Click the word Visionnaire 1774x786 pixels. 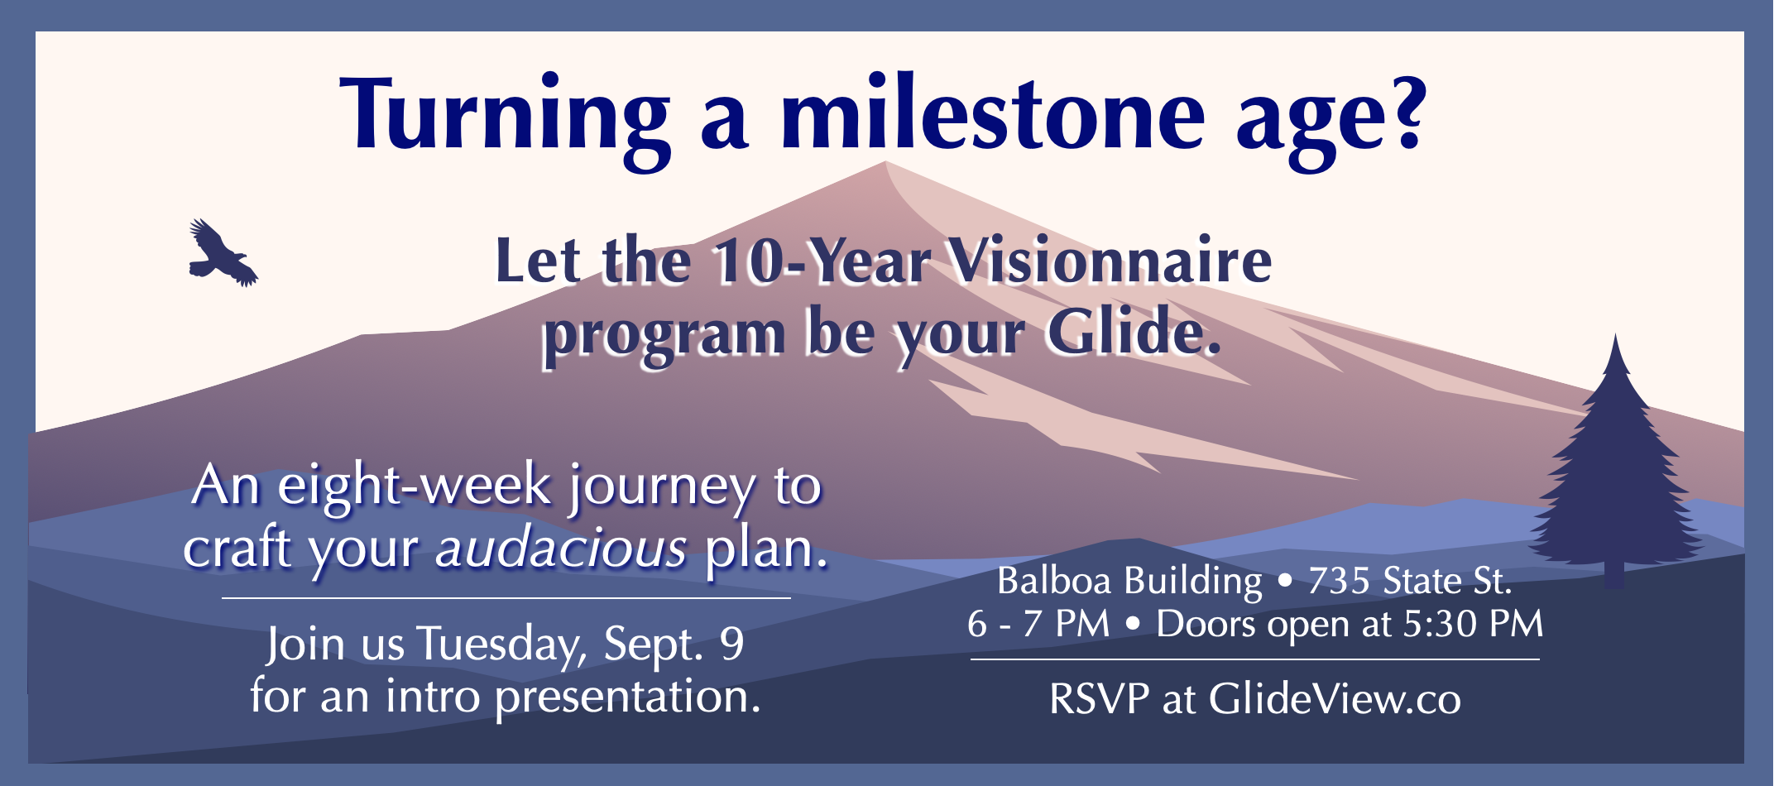click(1109, 261)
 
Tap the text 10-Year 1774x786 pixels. click(822, 262)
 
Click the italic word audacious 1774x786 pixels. click(561, 548)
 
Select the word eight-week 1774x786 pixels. click(414, 486)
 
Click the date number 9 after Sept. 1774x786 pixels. click(732, 644)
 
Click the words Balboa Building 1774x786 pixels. click(1129, 582)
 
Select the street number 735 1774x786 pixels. click(1339, 581)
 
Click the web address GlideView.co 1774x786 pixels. click(1335, 699)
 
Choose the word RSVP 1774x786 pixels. click(1099, 699)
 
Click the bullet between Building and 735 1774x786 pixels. click(1284, 582)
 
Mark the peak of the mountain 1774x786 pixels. click(885, 162)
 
